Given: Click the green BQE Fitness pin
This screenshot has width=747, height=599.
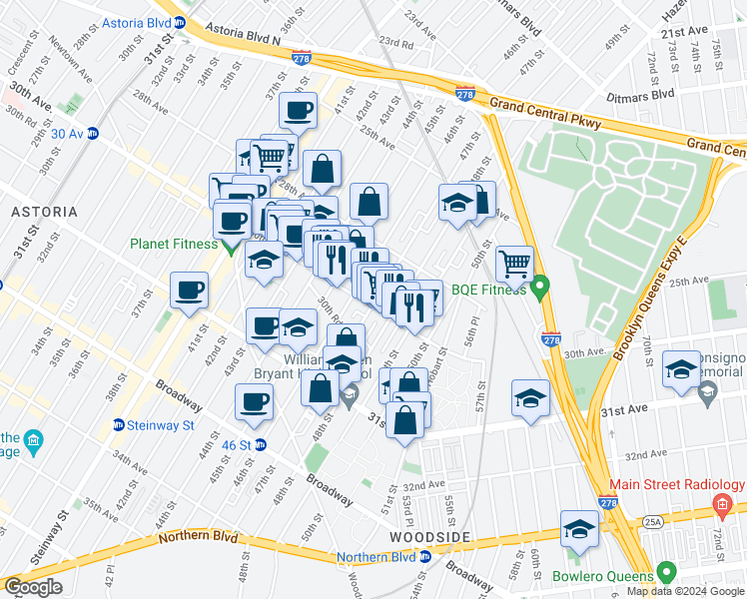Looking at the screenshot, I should coord(540,290).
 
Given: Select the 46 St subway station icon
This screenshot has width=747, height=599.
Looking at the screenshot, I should coord(261,444).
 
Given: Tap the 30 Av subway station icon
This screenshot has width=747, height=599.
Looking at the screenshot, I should coord(93,133).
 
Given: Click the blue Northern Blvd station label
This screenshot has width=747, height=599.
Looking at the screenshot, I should coord(375,557).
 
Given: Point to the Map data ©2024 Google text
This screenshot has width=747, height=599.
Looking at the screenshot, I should coord(685,591).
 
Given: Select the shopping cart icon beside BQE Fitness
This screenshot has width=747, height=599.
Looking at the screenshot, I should coord(514,265).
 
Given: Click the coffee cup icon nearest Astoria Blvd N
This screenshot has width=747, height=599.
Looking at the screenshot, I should coord(298,111).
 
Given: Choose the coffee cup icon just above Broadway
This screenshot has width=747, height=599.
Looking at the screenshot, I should coord(254,401).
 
